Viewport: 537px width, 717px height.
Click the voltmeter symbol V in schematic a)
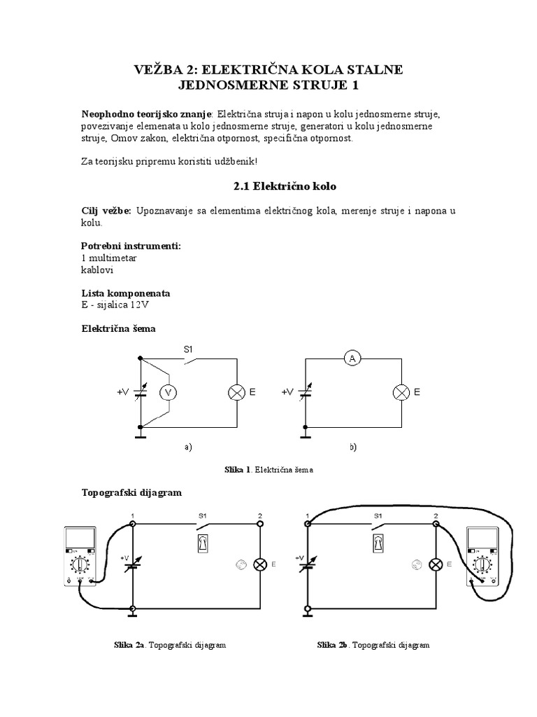point(168,393)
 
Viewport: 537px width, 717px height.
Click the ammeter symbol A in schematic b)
point(352,358)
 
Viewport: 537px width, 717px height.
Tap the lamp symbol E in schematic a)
point(236,393)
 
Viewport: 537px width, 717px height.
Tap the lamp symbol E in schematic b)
point(401,393)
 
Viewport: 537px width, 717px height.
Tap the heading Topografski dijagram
point(131,492)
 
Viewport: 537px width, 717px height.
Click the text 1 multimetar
point(109,258)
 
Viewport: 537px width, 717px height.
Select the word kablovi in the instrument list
point(97,269)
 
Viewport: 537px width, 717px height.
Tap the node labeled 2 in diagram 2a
point(260,523)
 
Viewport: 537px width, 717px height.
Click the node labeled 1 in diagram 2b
point(306,523)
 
